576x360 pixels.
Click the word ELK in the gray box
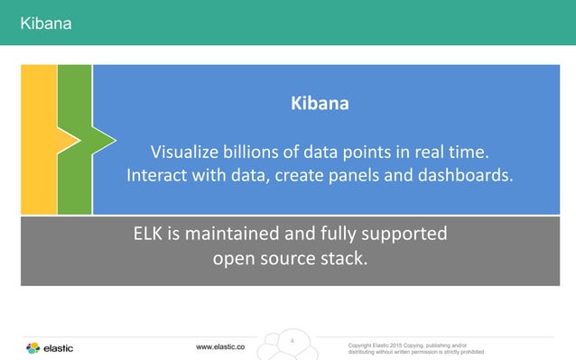(x=148, y=235)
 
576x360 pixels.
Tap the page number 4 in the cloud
(x=293, y=341)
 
